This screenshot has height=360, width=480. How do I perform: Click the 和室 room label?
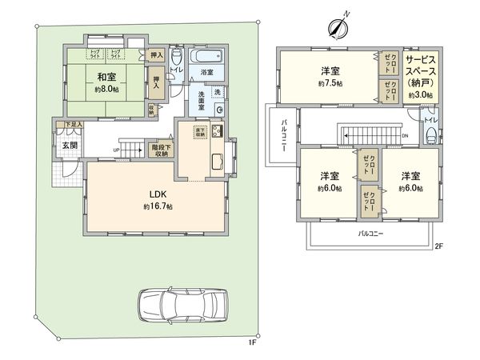click(x=106, y=77)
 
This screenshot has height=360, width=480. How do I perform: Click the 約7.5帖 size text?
click(x=329, y=82)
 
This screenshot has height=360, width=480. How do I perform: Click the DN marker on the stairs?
click(x=406, y=136)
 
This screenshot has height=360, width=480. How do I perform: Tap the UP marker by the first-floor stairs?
click(x=116, y=150)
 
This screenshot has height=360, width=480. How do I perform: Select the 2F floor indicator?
click(x=438, y=246)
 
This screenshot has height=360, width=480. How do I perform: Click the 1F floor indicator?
click(x=251, y=342)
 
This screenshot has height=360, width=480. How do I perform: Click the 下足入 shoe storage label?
click(x=74, y=125)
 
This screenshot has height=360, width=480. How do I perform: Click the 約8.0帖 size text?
click(x=106, y=90)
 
